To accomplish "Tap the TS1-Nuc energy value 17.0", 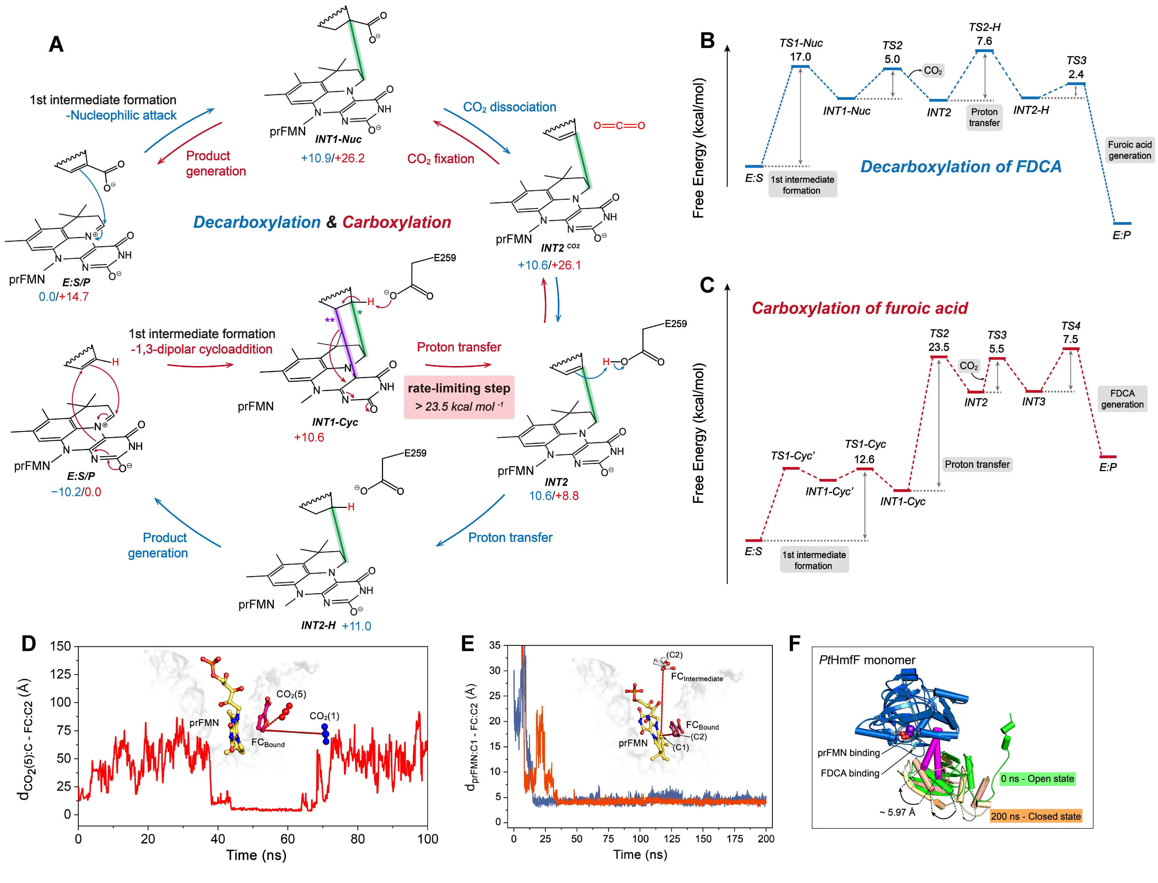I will (x=800, y=57).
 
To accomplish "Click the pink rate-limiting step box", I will (x=459, y=397).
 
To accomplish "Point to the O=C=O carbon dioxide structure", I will (x=619, y=126).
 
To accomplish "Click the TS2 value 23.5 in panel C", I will (x=938, y=347).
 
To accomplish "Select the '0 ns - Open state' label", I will (x=1037, y=779).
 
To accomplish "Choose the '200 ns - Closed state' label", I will (x=1035, y=816).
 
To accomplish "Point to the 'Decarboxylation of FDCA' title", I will (x=960, y=167).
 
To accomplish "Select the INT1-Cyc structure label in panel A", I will (x=335, y=422).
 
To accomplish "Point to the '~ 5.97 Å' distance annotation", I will (x=897, y=812).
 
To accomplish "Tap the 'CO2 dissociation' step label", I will (x=509, y=107).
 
